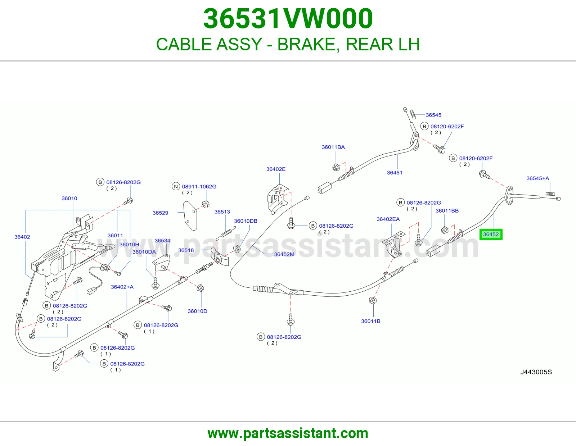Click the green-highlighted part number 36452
coord(491,234)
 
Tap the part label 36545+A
coord(537,178)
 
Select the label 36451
coord(395,173)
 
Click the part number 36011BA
coord(333,147)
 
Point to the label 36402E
coord(276,169)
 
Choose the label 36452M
coord(284,254)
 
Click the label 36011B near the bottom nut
coord(370,321)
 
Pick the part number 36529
coord(160,213)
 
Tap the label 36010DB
coord(246,221)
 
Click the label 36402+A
coord(122,287)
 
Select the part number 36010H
coord(129,245)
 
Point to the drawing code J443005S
coord(536,372)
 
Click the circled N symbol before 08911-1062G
coord(176,186)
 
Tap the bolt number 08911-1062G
coord(199,186)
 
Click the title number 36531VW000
coord(288,18)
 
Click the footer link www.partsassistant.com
coord(288,433)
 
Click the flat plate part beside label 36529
coord(190,216)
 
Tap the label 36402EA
coord(388,219)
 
